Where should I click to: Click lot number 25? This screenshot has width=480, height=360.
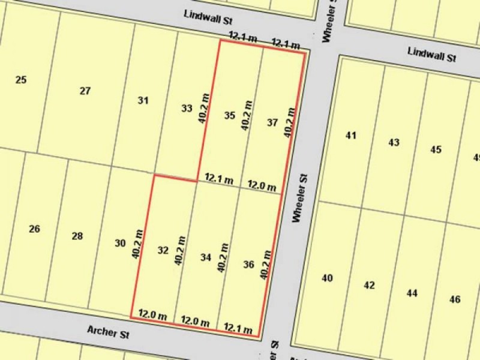point(21,79)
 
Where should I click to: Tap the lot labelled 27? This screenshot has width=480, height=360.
point(85,91)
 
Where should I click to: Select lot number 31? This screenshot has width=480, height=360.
point(143,101)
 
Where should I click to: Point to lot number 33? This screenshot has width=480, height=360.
point(187,109)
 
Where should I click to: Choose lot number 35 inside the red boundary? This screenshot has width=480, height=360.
point(229,115)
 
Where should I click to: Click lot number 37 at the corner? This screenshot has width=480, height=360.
point(272,122)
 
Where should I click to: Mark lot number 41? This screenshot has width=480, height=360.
point(351,135)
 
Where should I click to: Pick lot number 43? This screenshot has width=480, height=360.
point(394,142)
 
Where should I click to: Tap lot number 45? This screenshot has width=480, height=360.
point(436,149)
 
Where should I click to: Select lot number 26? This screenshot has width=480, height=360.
point(34,229)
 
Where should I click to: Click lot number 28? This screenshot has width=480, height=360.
point(77,236)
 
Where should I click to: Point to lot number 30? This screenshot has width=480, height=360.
point(120,243)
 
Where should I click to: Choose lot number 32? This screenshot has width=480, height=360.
point(163,250)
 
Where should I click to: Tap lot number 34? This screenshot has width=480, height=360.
point(206,257)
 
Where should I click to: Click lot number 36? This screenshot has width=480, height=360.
point(249,264)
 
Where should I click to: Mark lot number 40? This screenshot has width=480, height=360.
point(327,278)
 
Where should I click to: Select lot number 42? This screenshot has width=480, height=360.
point(369,285)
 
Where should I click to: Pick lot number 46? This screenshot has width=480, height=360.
point(454,299)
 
